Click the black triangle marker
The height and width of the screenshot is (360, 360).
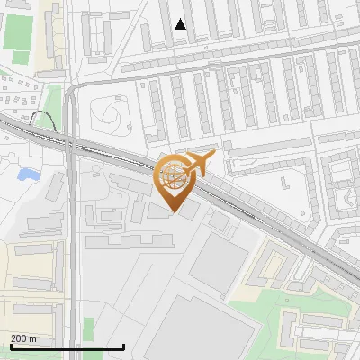pyautogui.click(x=181, y=25)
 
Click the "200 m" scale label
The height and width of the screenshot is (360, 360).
pyautogui.click(x=23, y=338)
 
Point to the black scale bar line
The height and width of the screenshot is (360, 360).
pyautogui.click(x=67, y=347)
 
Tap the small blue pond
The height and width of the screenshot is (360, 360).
pyautogui.click(x=29, y=173)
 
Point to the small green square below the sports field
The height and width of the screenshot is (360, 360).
pyautogui.click(x=20, y=58)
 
